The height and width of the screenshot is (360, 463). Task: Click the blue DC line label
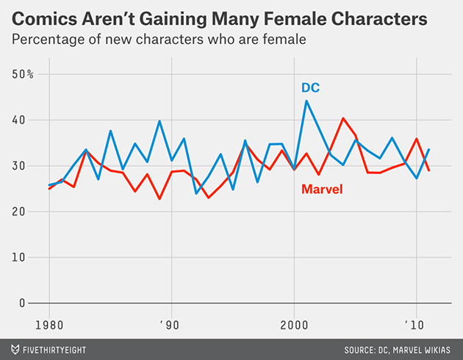pos(310,88)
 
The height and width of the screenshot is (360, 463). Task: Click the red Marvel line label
pos(323,190)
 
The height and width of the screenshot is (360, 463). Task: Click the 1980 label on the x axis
pos(49,324)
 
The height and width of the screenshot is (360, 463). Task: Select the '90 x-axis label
pos(171,324)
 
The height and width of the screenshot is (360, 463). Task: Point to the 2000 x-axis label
pos(294,324)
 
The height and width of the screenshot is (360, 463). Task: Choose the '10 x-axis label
pos(416,324)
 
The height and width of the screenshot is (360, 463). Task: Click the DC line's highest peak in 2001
pos(306,101)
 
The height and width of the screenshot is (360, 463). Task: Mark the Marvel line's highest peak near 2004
pos(343,118)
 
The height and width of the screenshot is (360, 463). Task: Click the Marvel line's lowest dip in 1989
pos(159,199)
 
